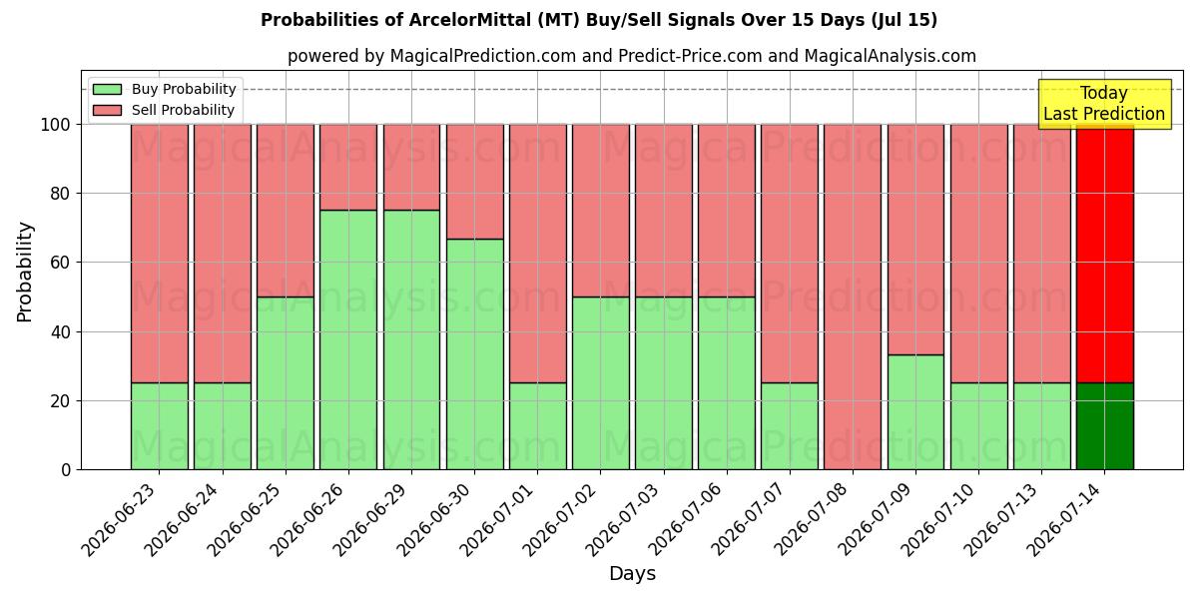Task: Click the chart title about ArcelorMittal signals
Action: coord(598,20)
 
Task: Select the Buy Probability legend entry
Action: coord(164,89)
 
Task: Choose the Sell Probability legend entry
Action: coord(164,110)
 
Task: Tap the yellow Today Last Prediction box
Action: coord(1104,104)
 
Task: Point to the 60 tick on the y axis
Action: coord(60,263)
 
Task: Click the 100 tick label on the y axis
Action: coord(56,125)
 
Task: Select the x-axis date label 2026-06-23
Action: coord(122,519)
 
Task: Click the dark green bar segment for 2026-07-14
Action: coord(1105,426)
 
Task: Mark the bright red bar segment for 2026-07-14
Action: coord(1105,254)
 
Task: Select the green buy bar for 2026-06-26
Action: coord(348,339)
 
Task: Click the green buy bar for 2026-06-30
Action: coord(475,354)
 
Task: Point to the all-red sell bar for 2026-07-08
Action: coord(853,297)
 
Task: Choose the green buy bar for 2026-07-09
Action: coord(915,412)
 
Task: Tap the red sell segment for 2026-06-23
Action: coord(160,254)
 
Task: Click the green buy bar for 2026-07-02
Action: coord(601,383)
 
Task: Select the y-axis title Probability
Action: coord(25,273)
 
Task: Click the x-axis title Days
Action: coord(632,574)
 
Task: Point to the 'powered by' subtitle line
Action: coord(632,56)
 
